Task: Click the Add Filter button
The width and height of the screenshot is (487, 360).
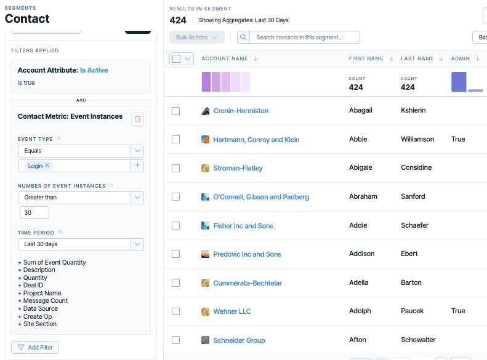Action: pos(35,347)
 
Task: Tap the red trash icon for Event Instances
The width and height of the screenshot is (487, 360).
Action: pos(137,119)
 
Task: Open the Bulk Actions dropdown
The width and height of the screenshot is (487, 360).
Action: pos(197,38)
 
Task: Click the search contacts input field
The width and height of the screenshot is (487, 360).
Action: pos(305,38)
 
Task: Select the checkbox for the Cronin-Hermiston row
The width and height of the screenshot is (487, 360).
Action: pos(176,111)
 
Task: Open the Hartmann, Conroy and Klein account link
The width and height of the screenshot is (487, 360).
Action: pos(256,140)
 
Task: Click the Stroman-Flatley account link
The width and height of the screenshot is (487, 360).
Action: pos(238,168)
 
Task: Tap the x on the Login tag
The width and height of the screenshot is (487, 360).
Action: pos(47,166)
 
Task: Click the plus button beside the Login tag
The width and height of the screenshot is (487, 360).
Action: pos(137,166)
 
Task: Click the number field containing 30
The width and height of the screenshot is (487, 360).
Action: pos(34,212)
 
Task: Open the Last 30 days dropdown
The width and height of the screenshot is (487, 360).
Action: pos(81,244)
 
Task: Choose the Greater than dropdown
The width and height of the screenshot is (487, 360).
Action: pos(81,198)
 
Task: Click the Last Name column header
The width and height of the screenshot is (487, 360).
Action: pos(417,58)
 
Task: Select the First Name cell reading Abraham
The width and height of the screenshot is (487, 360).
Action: pos(363,196)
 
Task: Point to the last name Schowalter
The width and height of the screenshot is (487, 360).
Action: pos(418,340)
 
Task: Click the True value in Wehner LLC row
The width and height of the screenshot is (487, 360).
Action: pos(458,311)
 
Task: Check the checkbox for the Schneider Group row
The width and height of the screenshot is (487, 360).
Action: pos(176,340)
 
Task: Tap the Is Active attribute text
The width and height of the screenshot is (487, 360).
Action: pos(94,70)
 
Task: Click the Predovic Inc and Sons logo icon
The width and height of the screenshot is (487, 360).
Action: pos(205,254)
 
